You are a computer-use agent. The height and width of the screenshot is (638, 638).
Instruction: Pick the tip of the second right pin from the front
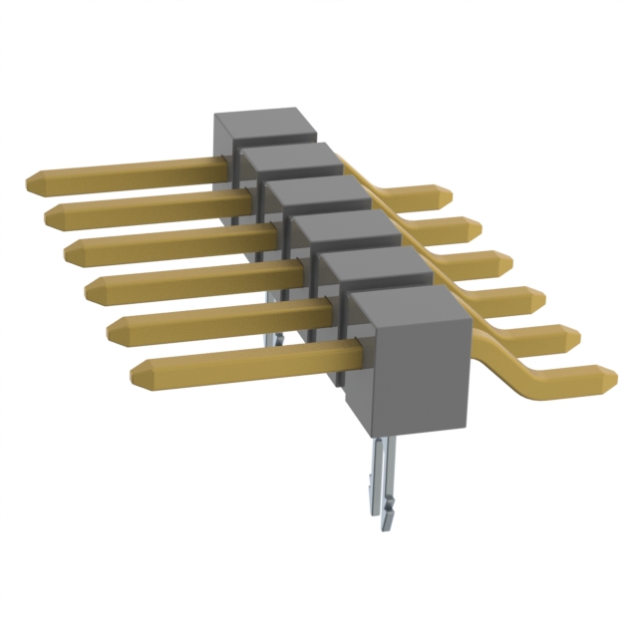coord(575,336)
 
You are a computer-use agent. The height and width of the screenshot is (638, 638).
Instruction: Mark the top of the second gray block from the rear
coord(287,158)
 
